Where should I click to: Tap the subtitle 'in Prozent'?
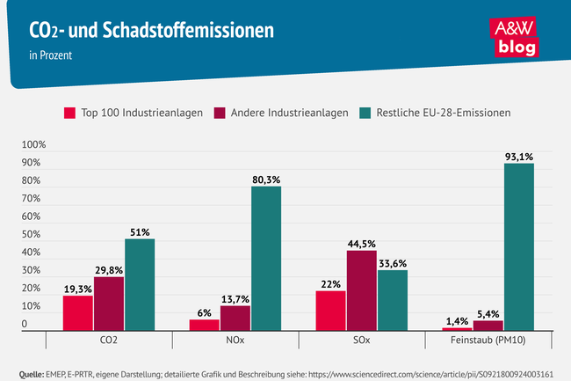point(50,54)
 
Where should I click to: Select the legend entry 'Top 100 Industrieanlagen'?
point(134,113)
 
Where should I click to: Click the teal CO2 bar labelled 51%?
point(140,284)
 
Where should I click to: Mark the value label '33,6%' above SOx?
point(393,262)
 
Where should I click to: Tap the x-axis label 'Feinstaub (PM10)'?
point(488,339)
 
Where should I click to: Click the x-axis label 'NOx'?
point(235,339)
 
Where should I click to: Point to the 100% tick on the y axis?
point(34,144)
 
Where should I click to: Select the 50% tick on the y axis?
point(31,235)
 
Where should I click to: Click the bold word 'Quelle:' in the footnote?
point(31,373)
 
